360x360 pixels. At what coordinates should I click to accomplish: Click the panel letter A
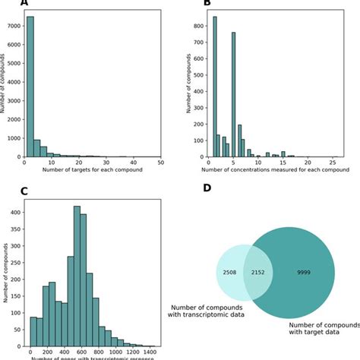tap(24, 4)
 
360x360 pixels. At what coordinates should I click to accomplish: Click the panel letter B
tap(206, 4)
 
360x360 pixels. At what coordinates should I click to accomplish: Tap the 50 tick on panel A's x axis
tap(161, 163)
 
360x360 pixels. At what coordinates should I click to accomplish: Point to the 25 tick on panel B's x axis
tap(332, 163)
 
